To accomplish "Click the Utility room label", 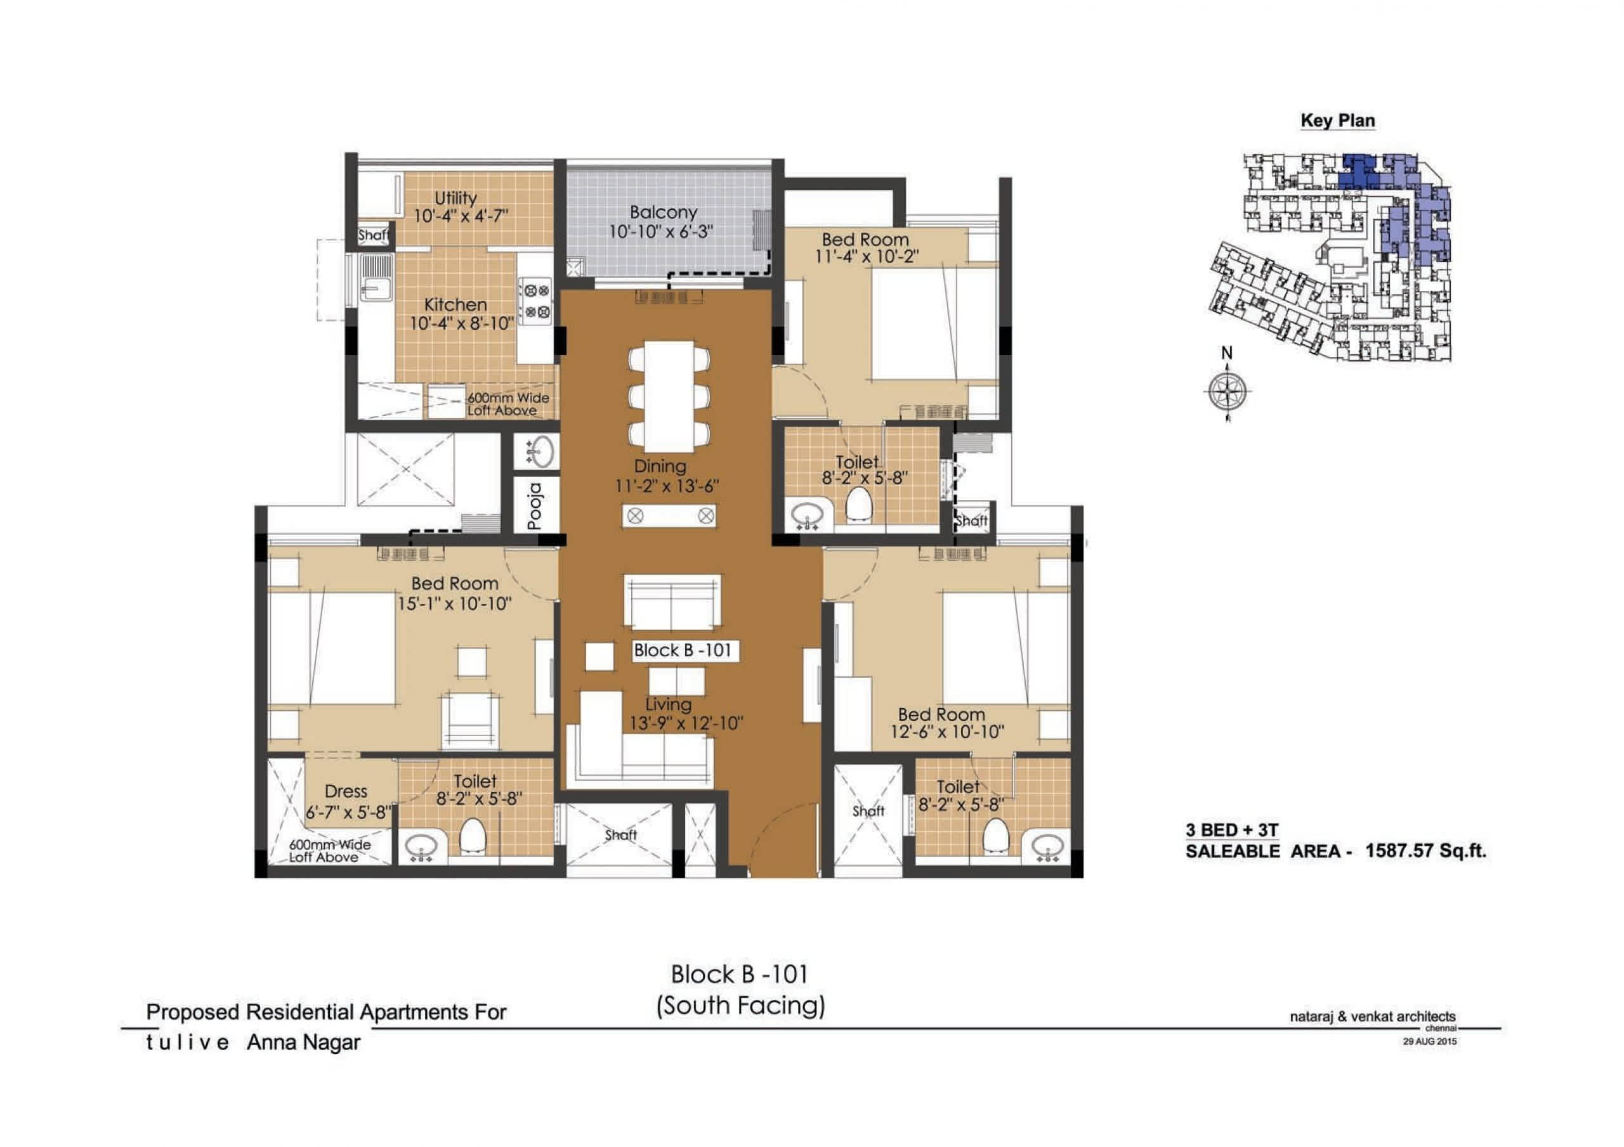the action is pyautogui.click(x=455, y=198).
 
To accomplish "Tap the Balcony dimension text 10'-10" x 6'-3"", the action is pyautogui.click(x=662, y=231).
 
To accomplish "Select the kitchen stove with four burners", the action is pyautogui.click(x=536, y=300).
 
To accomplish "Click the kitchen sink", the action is pyautogui.click(x=376, y=278).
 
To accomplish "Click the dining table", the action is pyautogui.click(x=669, y=396).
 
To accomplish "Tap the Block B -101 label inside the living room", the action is pyautogui.click(x=683, y=651).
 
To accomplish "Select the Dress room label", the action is pyautogui.click(x=346, y=791).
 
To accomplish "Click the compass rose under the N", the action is pyautogui.click(x=1226, y=391).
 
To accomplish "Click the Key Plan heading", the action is pyautogui.click(x=1337, y=120).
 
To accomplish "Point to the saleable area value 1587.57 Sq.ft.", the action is pyautogui.click(x=1426, y=850).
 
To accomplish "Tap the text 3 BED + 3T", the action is pyautogui.click(x=1232, y=830).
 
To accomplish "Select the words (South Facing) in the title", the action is pyautogui.click(x=740, y=1006).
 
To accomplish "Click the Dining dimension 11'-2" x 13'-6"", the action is pyautogui.click(x=667, y=486).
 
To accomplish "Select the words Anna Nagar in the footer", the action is pyautogui.click(x=303, y=1042).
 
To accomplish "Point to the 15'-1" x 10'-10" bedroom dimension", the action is pyautogui.click(x=455, y=603).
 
